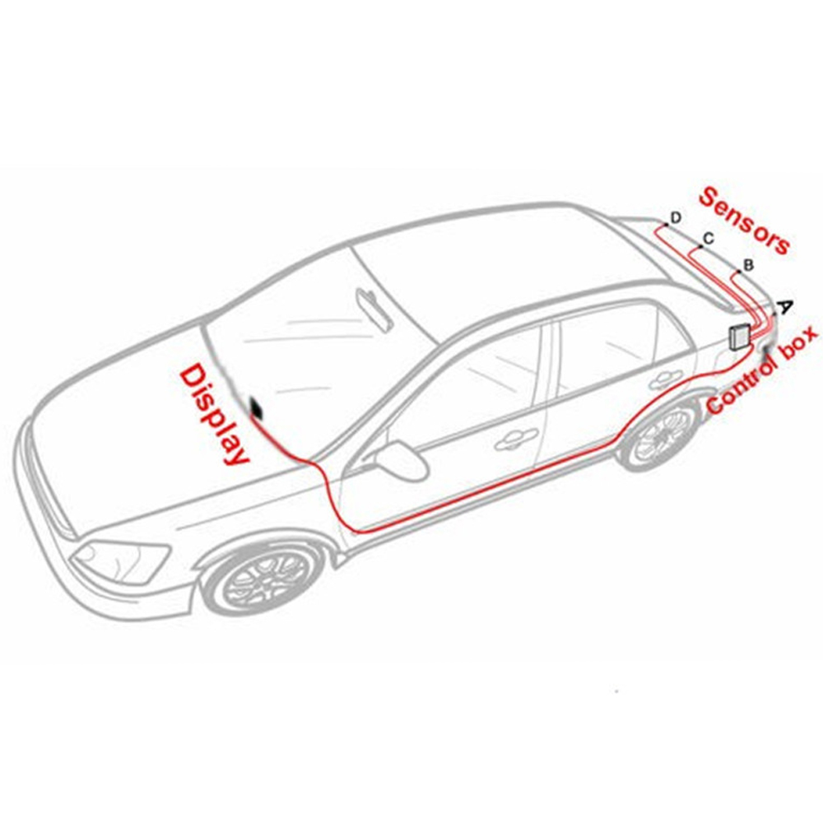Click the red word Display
tap(213, 415)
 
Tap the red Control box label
tap(762, 370)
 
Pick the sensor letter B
tap(749, 265)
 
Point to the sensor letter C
tap(709, 239)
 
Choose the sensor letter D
tap(676, 217)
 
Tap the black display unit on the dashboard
tap(258, 408)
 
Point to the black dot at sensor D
tap(666, 224)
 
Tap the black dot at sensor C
tap(700, 247)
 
